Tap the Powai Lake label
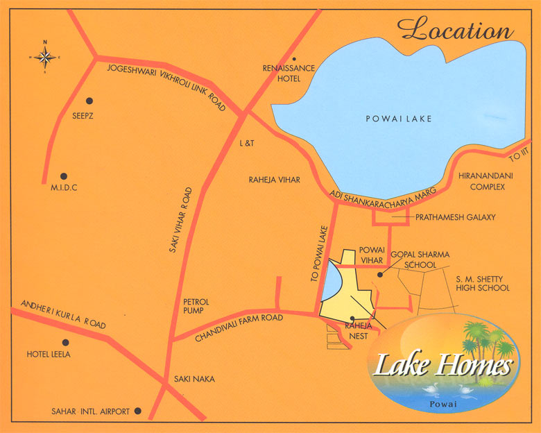(399, 119)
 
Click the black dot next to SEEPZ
(89, 101)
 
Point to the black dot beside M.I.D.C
(64, 176)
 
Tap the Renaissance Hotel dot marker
(294, 60)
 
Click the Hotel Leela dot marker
(65, 342)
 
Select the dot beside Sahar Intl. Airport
(138, 411)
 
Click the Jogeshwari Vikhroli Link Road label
(166, 86)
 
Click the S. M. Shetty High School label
(482, 283)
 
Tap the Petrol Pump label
(196, 306)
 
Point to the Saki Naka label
(194, 379)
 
